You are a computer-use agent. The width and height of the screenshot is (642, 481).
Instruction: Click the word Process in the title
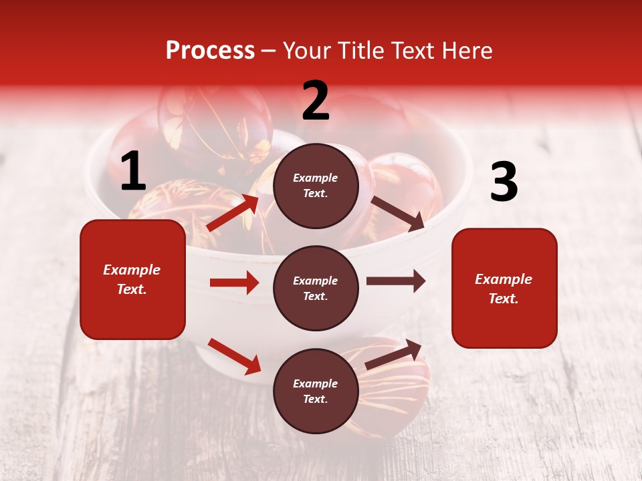[x=210, y=51]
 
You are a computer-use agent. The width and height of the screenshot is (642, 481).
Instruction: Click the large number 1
[x=132, y=172]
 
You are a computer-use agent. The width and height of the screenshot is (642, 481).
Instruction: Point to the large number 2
[x=316, y=101]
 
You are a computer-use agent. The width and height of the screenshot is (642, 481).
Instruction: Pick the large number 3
[x=504, y=183]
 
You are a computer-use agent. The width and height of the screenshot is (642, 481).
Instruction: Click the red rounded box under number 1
[x=132, y=279]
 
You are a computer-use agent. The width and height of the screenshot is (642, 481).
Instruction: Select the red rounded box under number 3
[x=504, y=289]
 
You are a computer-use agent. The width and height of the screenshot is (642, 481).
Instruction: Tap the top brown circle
[x=316, y=186]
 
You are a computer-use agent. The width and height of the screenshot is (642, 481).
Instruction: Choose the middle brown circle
[x=316, y=289]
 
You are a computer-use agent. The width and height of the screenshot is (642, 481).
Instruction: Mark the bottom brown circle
[x=316, y=391]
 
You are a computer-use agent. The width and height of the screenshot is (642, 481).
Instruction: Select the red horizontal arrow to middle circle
[x=234, y=283]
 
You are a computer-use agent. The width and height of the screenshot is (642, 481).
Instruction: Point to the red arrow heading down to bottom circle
[x=234, y=356]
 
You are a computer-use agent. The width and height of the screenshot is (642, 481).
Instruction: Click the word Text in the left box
[x=131, y=289]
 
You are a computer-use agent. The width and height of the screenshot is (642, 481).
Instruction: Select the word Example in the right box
[x=504, y=279]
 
